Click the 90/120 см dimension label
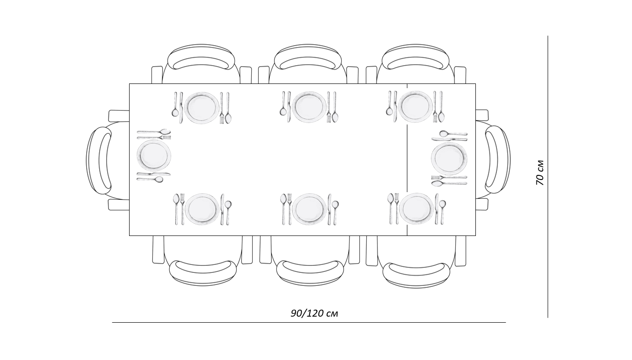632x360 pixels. tap(314, 313)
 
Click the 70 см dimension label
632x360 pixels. tap(540, 173)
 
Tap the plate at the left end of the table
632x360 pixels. tap(154, 155)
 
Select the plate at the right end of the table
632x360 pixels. tap(449, 158)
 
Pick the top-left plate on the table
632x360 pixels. tap(202, 108)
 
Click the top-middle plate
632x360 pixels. tap(309, 107)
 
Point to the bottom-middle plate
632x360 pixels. tap(309, 209)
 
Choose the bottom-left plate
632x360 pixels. tap(202, 209)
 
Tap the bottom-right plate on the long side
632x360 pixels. tap(416, 209)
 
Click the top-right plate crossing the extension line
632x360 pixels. tap(415, 107)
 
